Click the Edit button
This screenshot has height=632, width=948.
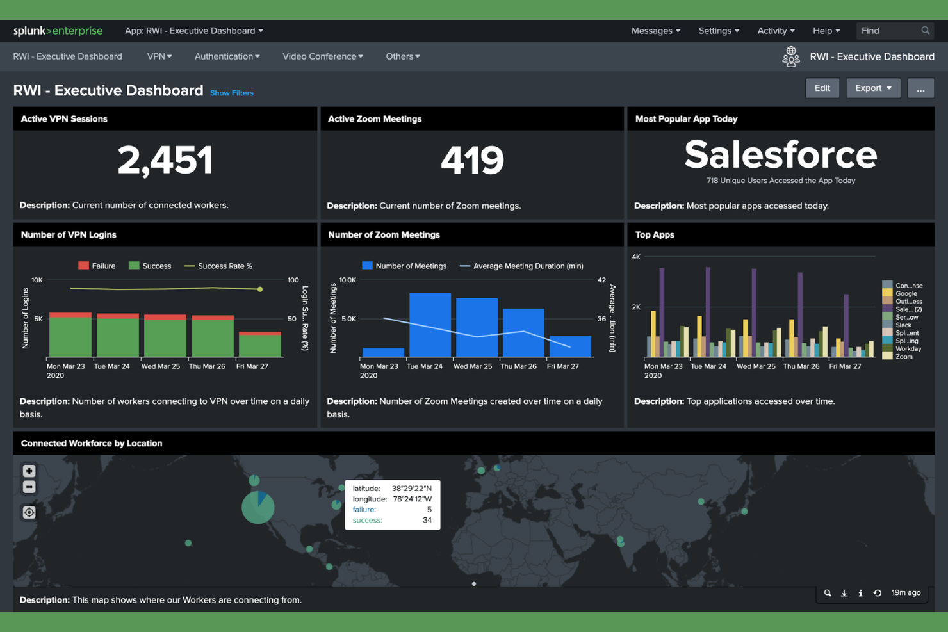click(822, 88)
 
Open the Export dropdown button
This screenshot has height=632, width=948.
click(872, 88)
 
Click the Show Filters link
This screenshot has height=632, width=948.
click(231, 93)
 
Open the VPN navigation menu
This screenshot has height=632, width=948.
click(159, 56)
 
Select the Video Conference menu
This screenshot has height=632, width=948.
click(322, 56)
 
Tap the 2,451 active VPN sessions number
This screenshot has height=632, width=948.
click(165, 160)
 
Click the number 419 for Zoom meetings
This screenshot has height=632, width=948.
click(472, 160)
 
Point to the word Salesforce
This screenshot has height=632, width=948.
click(780, 155)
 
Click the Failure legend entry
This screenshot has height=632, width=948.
click(97, 266)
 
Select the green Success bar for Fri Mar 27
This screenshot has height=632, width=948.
click(259, 346)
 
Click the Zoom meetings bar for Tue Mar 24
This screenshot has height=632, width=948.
click(430, 325)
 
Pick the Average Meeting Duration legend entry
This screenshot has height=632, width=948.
click(521, 266)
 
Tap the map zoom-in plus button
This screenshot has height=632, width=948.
click(29, 471)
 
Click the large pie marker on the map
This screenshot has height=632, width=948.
click(257, 508)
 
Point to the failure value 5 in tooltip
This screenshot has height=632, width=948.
click(429, 510)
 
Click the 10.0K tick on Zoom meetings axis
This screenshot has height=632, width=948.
click(347, 280)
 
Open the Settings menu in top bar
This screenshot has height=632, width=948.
click(718, 31)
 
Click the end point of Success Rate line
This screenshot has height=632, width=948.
click(259, 289)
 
